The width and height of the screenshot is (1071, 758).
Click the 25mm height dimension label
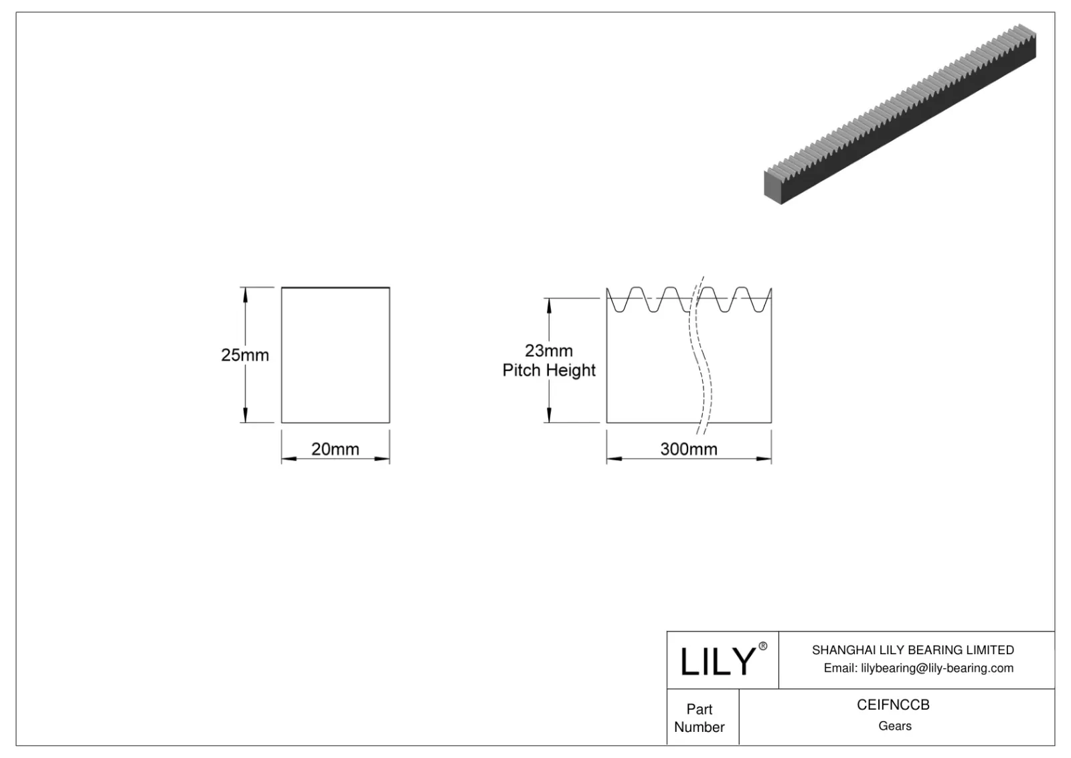click(245, 355)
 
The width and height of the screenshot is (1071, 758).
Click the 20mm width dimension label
click(335, 449)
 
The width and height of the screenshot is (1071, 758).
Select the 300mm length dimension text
click(688, 449)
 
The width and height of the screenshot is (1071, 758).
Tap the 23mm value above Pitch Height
click(548, 351)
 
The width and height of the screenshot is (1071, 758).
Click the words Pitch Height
click(549, 370)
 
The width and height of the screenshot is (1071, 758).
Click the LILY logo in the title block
click(717, 662)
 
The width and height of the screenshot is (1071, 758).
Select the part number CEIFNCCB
click(893, 705)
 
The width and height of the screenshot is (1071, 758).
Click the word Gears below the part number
click(894, 726)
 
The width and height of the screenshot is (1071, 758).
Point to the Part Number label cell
click(699, 718)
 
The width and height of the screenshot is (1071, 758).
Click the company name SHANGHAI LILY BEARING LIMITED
click(912, 650)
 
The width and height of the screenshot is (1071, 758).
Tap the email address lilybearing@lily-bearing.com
click(936, 668)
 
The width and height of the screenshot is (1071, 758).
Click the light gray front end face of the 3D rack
click(773, 188)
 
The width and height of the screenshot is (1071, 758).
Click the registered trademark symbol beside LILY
click(762, 646)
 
